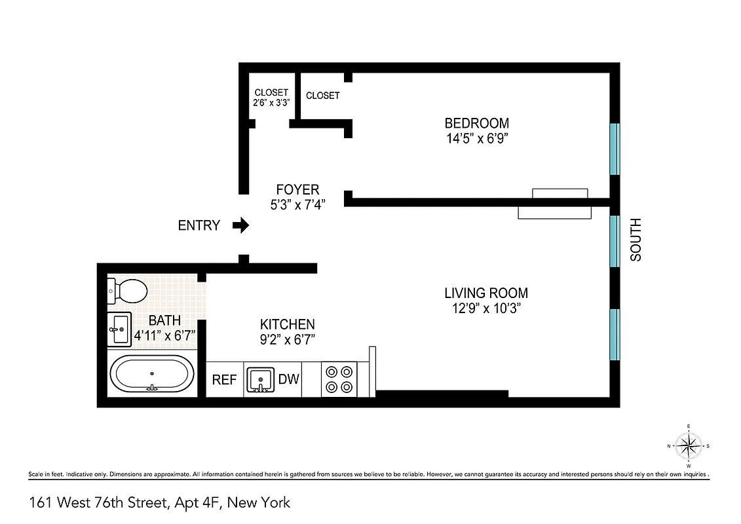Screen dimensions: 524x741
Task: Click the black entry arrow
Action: (241, 225)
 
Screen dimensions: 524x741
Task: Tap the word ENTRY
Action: (199, 225)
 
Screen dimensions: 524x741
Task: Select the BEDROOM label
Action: (476, 123)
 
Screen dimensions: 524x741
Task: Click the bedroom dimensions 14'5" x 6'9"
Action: (476, 139)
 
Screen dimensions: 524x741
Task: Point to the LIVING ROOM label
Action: (485, 293)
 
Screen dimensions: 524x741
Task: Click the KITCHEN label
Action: (288, 324)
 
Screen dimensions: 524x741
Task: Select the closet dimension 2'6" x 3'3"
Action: (271, 103)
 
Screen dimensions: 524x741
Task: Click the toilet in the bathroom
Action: (128, 291)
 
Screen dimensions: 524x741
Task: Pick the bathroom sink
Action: (120, 328)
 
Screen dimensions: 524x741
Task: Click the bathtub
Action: (151, 374)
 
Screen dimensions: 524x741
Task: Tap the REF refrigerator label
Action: (225, 380)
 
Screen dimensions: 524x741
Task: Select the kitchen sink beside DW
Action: (261, 380)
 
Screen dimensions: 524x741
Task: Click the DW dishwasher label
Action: (288, 379)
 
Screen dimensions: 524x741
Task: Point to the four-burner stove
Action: (339, 379)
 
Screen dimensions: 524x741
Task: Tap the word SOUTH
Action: (636, 240)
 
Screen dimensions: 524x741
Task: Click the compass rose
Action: (689, 446)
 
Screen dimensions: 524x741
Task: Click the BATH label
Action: (165, 321)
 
